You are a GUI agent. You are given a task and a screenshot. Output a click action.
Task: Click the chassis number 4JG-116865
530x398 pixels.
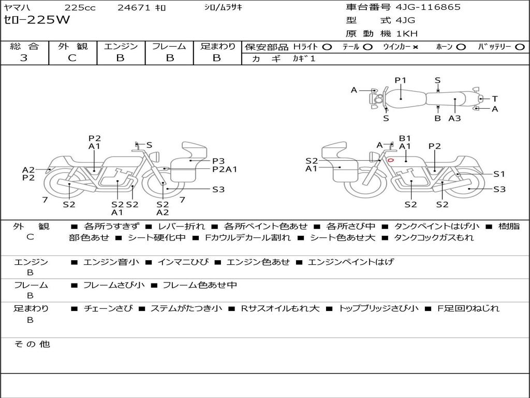point(428,7)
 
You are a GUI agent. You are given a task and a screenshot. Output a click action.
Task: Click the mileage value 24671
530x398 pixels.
point(134,8)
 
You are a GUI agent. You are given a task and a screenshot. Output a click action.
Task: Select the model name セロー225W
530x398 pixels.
point(37,20)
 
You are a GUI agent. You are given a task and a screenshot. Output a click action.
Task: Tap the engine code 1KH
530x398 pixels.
point(407,34)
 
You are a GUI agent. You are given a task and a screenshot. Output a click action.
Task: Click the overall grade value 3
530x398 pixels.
point(24,58)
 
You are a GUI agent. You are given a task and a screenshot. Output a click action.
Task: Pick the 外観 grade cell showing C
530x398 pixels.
point(72,58)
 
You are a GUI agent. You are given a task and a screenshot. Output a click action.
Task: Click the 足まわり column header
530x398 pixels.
point(217,47)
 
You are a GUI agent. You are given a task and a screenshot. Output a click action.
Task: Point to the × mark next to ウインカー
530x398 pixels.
point(415,47)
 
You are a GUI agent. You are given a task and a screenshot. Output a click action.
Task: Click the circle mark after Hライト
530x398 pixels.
point(327,47)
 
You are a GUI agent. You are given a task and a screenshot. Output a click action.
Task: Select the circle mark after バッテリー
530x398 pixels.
point(519,47)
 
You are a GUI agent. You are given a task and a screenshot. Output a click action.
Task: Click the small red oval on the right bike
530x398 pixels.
point(391,160)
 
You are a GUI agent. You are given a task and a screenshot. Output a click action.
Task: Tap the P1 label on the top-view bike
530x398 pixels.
point(401,80)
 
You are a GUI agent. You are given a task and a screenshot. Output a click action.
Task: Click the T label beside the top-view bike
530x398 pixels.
point(495,99)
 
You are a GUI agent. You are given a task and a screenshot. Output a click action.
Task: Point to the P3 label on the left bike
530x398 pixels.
point(218,161)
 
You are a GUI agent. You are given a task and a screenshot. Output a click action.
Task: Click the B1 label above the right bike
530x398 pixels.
point(405,138)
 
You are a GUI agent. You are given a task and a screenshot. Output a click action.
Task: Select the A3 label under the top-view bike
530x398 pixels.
point(454,118)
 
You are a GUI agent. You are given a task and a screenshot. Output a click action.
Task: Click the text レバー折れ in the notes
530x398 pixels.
point(181,226)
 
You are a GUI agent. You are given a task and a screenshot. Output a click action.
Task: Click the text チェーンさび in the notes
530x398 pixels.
point(107,308)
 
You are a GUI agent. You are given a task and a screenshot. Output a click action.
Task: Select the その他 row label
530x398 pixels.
point(32,344)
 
